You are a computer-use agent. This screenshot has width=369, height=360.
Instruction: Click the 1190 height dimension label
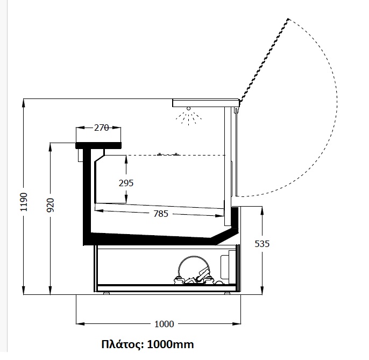click(24, 202)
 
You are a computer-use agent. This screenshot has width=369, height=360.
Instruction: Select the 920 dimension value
click(51, 205)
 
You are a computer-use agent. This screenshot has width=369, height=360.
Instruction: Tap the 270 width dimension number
click(102, 128)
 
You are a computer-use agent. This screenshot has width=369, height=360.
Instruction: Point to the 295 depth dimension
click(126, 183)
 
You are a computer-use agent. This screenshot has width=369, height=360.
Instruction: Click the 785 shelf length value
click(161, 214)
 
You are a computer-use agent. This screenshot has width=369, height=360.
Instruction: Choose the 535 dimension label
click(262, 244)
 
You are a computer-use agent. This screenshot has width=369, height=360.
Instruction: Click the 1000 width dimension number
click(164, 324)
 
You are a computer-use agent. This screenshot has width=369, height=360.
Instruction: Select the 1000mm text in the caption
click(171, 344)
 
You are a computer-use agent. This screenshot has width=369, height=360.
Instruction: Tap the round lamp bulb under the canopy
click(188, 109)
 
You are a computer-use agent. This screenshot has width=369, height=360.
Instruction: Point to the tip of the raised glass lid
click(288, 19)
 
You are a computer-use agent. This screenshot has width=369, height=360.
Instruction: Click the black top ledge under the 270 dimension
click(98, 145)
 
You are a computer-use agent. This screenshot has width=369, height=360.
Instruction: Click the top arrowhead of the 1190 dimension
click(23, 103)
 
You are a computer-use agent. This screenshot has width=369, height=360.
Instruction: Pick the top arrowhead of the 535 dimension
click(262, 211)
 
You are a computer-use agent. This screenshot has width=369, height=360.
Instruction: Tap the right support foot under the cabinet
click(227, 293)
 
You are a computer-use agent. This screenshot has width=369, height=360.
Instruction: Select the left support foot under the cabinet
click(107, 293)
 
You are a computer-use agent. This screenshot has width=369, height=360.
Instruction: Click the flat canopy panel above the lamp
click(205, 103)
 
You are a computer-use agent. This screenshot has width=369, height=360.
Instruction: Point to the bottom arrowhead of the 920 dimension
click(50, 290)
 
